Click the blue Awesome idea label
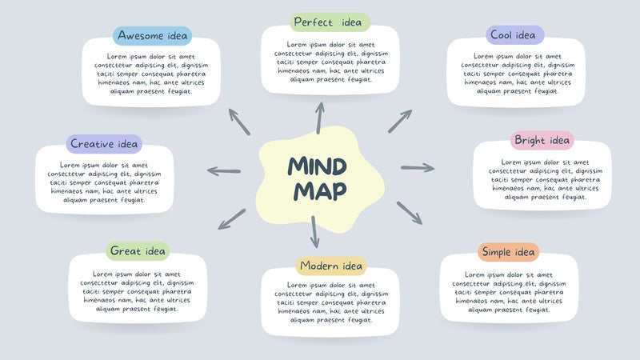(x=153, y=36)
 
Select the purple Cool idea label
(x=514, y=35)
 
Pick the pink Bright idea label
(x=542, y=141)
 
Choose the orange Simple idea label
(x=509, y=253)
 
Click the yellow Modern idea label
(x=331, y=266)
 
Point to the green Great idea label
(x=138, y=251)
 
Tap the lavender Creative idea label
(x=104, y=144)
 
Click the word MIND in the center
(x=318, y=166)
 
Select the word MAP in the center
(x=319, y=191)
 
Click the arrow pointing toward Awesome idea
(x=239, y=121)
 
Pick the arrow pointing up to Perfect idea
(x=320, y=118)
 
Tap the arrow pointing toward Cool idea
(x=400, y=121)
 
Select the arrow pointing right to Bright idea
(x=417, y=167)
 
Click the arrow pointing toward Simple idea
(x=409, y=213)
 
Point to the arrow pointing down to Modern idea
(x=314, y=231)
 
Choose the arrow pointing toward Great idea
(x=233, y=218)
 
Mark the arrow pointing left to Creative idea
(x=224, y=170)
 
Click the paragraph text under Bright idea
(x=542, y=179)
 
